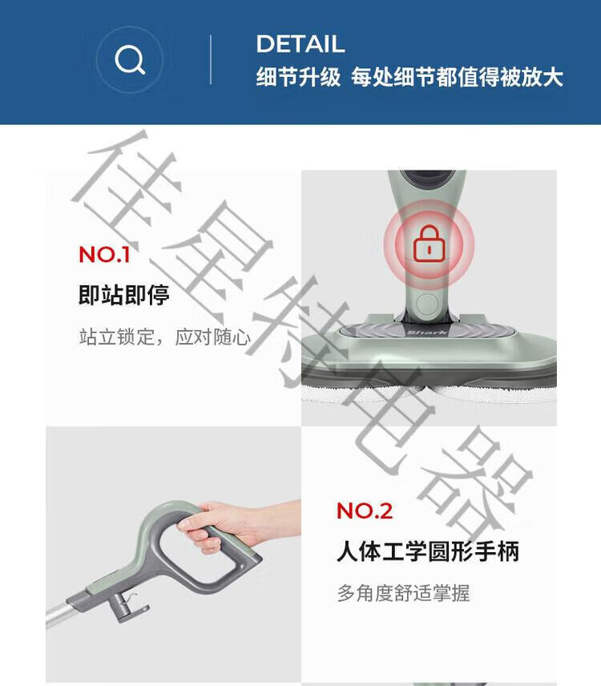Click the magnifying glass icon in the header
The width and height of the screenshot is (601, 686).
(x=130, y=59)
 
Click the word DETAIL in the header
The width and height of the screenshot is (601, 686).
(x=300, y=44)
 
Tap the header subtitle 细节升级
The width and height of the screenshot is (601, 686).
(x=298, y=78)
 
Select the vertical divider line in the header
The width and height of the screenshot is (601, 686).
(x=211, y=59)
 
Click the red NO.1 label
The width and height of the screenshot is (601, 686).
(x=104, y=254)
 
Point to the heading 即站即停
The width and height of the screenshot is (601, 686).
(x=123, y=294)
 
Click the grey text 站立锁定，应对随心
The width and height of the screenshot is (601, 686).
(x=165, y=337)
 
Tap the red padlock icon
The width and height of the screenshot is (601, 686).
(x=429, y=244)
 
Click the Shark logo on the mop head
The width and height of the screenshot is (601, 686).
(x=427, y=333)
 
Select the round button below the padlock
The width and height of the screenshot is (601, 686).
(x=426, y=304)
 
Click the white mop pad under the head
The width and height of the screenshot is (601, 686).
(x=429, y=391)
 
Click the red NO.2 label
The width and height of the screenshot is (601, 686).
(x=365, y=510)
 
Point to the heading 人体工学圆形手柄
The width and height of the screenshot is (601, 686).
(x=428, y=551)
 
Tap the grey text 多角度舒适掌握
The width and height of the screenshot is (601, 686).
(x=403, y=593)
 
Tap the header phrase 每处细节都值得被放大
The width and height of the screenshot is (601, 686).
(x=457, y=78)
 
